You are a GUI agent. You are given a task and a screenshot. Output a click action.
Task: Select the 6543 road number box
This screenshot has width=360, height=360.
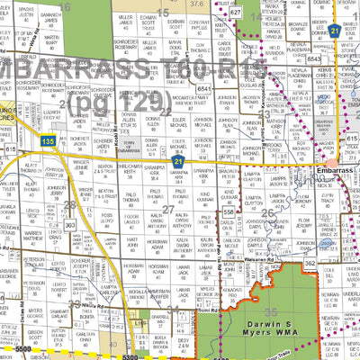tap(313, 58)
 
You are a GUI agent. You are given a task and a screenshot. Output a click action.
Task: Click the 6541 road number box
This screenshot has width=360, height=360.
tap(204, 89)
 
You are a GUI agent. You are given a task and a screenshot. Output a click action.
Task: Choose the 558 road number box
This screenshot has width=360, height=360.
tap(229, 211)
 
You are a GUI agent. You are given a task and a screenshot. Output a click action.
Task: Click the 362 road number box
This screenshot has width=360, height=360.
tap(310, 264)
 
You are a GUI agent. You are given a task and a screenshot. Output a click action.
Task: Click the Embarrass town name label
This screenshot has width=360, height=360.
tap(337, 169)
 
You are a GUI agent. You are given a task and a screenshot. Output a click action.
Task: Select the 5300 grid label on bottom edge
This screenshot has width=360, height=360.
tap(133, 356)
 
